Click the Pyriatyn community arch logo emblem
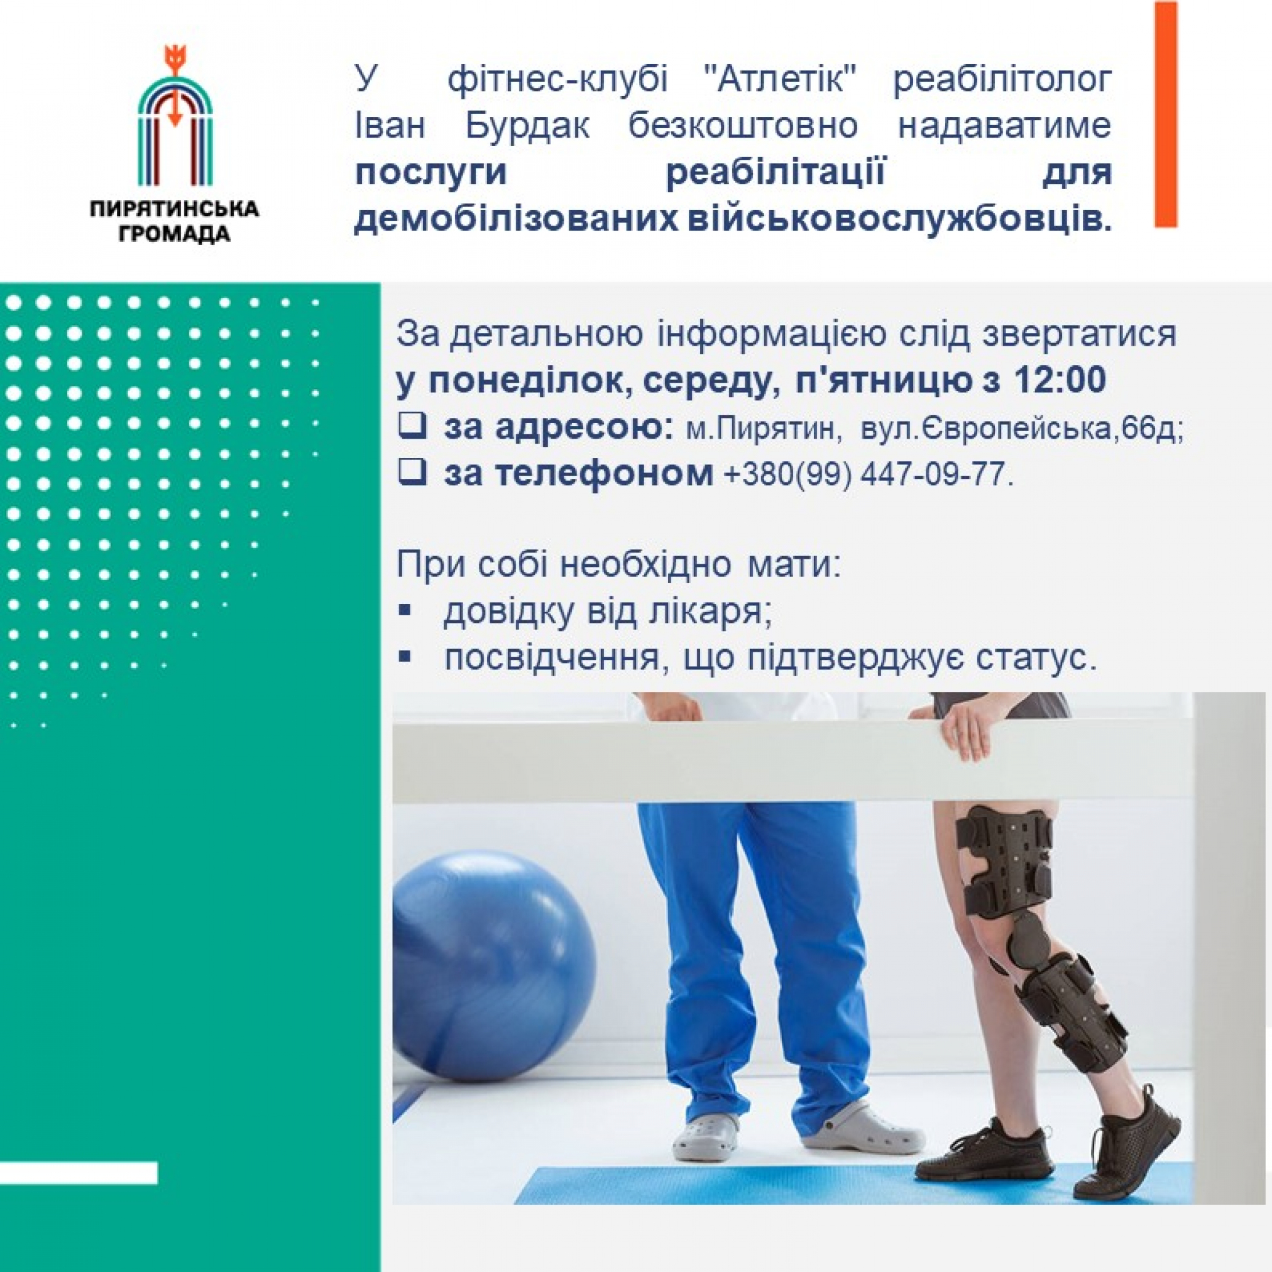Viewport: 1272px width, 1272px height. pos(175,116)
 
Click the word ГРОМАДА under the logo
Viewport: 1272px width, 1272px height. pos(175,234)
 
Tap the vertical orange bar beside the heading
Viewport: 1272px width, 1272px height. pos(1165,114)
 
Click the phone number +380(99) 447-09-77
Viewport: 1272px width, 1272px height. pos(868,474)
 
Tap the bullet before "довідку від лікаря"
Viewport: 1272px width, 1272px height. pos(405,610)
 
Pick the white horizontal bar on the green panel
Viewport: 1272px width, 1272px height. pos(79,1173)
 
